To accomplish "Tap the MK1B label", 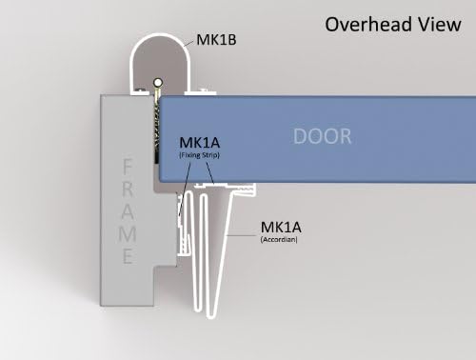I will coord(217,40).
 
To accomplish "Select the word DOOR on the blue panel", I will coord(321,136).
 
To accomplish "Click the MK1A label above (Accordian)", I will coord(280,228).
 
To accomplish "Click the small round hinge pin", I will coord(154,88).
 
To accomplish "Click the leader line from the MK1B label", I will coord(187,45).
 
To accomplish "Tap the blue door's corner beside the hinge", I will coord(163,99).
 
